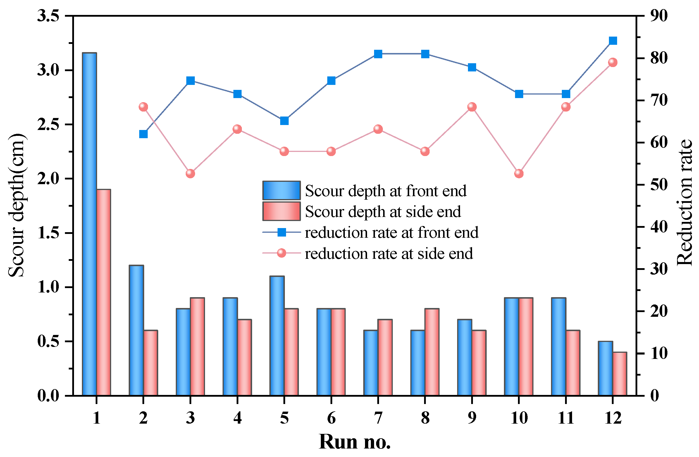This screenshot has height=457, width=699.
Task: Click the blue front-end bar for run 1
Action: coord(89,223)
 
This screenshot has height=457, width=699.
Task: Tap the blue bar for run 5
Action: coord(277,335)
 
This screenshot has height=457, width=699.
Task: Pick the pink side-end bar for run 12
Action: coord(620,374)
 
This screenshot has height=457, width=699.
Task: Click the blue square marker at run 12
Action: coord(613,41)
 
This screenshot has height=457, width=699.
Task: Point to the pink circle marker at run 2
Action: coord(143,107)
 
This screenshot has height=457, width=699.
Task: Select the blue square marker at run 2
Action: coord(143,134)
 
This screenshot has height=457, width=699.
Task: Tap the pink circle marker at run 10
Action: coord(519,174)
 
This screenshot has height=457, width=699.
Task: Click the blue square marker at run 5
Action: coord(284,121)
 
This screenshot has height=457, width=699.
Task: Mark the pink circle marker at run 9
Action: coord(472,107)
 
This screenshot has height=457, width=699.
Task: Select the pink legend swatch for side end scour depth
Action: coord(281,211)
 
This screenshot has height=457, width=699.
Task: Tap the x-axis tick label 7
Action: coord(378,418)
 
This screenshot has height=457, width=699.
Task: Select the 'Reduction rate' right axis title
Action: coord(684,203)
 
